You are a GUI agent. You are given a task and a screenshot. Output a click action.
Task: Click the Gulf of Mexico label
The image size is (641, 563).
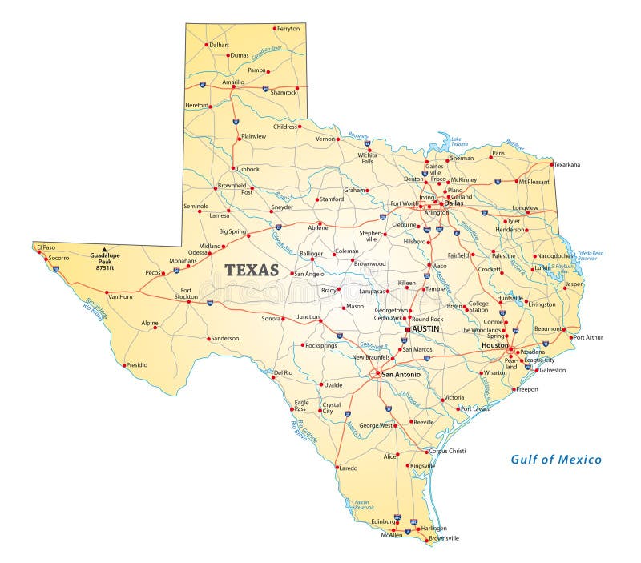(556, 460)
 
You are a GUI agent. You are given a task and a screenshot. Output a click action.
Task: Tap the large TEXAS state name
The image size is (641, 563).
(252, 271)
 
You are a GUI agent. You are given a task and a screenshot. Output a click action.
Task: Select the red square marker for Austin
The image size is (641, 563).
(408, 329)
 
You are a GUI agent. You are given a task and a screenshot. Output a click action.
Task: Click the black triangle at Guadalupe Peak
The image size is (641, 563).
(103, 249)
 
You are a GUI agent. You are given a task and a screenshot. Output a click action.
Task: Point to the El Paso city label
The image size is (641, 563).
(45, 247)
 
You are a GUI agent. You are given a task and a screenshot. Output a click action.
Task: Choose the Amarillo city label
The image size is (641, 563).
(233, 82)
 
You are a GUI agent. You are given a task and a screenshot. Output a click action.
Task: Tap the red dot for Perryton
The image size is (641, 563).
(274, 29)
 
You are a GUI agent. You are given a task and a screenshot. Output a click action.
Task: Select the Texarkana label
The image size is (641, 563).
(566, 165)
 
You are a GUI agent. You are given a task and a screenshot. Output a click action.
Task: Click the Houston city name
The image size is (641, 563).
(494, 345)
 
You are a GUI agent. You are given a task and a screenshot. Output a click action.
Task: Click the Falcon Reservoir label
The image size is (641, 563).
(365, 505)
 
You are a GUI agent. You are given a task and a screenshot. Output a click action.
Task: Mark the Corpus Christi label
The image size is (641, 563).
(447, 452)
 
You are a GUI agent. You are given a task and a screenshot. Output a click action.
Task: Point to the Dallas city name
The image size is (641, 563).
(454, 203)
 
